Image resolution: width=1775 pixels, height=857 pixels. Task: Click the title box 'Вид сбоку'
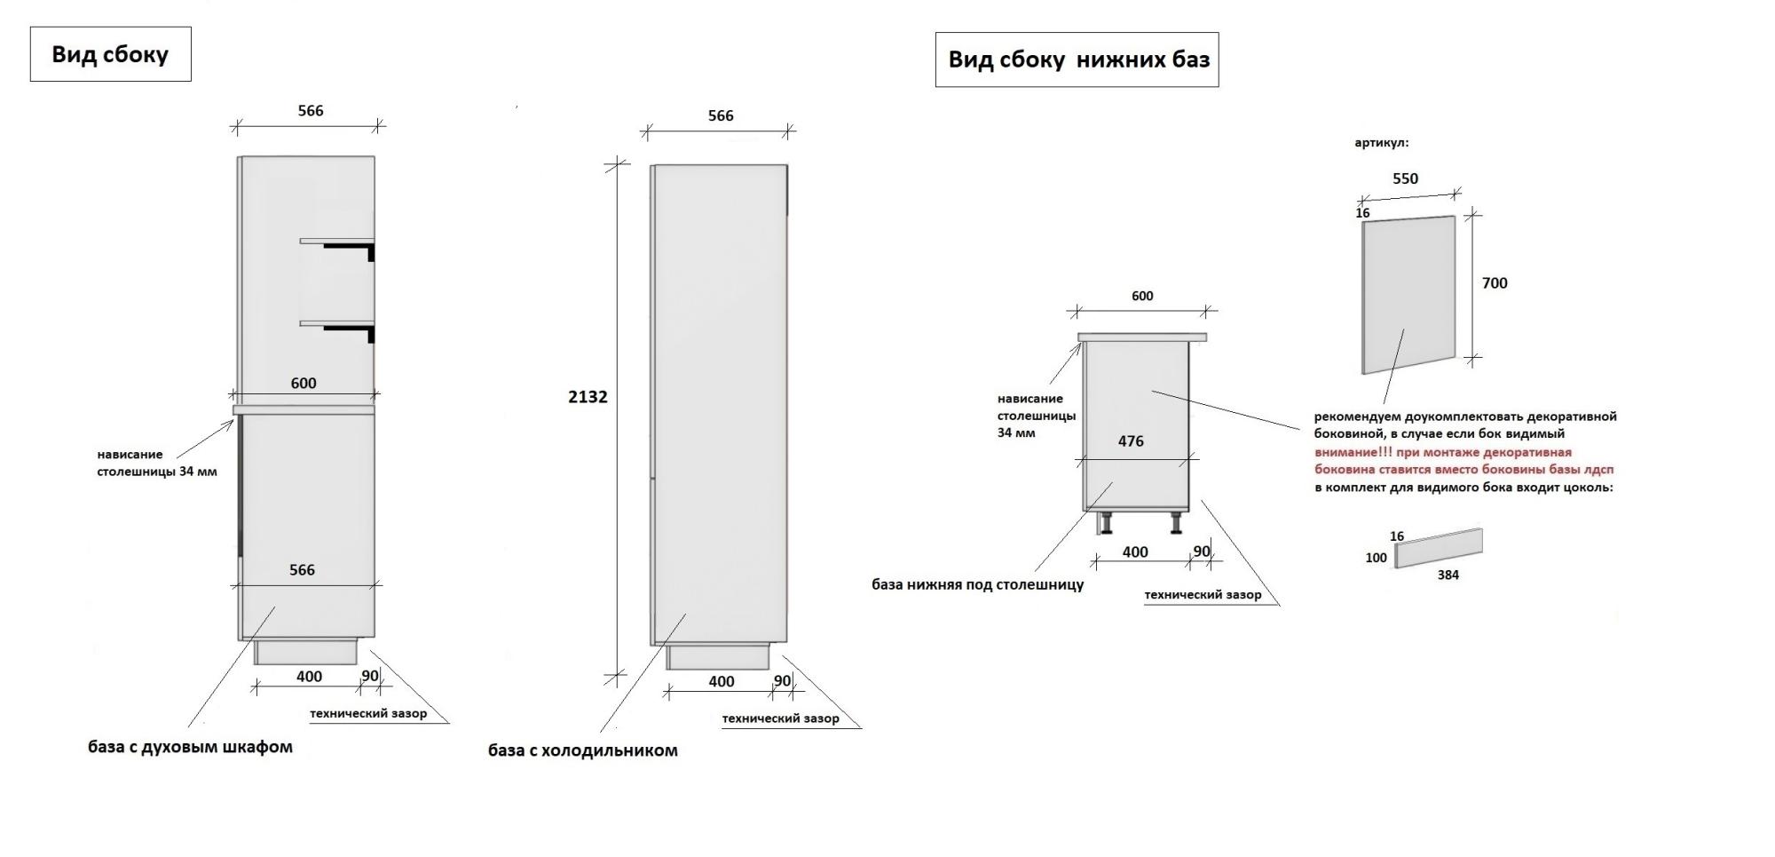110,54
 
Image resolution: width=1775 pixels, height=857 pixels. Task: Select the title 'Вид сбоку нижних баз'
1077,60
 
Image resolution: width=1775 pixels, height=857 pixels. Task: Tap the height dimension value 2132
588,397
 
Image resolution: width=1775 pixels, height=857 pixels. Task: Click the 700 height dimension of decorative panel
1495,283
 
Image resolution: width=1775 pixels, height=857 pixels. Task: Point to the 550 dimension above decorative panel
1405,179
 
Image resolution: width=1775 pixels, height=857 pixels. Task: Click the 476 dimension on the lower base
1130,441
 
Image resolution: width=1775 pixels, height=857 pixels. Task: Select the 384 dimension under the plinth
1448,575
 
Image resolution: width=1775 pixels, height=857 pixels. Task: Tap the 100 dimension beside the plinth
1376,558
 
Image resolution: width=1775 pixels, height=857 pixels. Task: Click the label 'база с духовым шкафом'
190,747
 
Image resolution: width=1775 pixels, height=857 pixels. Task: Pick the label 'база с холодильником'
582,750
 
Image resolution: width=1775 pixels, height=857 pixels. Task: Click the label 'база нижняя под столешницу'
977,584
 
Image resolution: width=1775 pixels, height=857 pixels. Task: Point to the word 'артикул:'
1381,143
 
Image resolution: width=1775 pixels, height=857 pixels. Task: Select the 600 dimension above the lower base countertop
1142,297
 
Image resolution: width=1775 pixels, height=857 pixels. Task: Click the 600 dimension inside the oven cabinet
304,384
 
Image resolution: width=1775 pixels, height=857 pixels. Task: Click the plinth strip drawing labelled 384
1439,548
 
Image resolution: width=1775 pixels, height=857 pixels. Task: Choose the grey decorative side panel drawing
1408,293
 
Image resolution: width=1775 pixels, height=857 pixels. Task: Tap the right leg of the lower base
1176,523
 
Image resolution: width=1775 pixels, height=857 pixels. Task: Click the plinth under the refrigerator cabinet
718,657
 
